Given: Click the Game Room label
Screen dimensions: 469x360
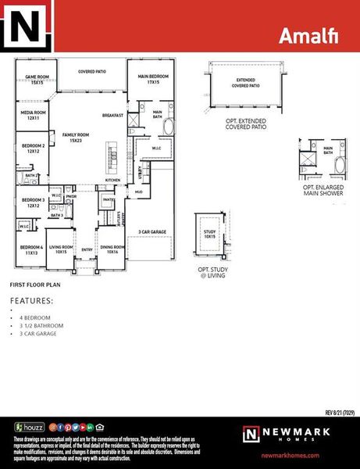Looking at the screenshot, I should click(x=37, y=79).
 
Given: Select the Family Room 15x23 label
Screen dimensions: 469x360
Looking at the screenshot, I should click(x=77, y=138).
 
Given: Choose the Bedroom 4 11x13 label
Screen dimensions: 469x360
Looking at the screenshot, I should click(x=31, y=249).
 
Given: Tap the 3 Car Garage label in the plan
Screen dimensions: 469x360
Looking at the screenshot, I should click(x=151, y=232).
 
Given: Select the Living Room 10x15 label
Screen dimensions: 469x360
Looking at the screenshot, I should click(x=61, y=249).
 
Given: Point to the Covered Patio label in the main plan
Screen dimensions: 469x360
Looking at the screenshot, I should click(x=92, y=71).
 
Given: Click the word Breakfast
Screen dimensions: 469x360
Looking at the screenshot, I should click(x=113, y=116).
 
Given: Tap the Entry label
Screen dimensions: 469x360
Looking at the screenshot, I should click(x=87, y=250).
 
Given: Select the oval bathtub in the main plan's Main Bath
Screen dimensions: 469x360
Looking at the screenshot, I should click(x=169, y=126).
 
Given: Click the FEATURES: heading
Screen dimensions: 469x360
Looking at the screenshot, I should click(x=31, y=300).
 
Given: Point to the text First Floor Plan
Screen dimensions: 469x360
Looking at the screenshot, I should click(x=34, y=285).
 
